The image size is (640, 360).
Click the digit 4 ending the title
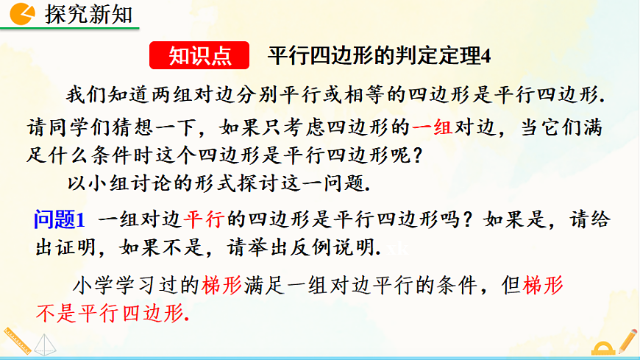coord(485,55)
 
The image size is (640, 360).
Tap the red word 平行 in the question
coord(202,219)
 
